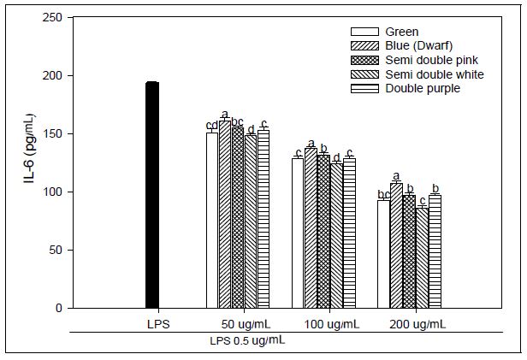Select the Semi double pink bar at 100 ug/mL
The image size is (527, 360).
point(323,231)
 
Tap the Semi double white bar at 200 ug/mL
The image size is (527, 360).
point(422,257)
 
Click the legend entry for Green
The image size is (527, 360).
point(402,32)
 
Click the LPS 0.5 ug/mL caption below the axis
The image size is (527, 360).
point(247,340)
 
